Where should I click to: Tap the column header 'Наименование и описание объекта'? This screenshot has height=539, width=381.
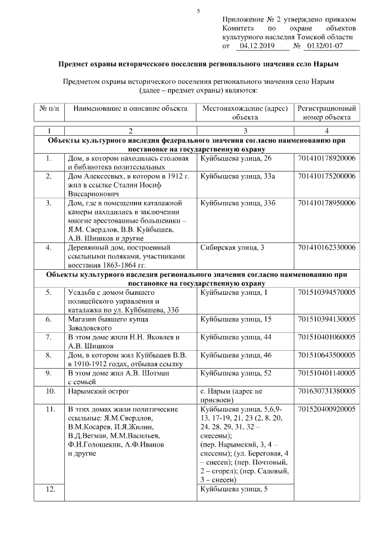pos(130,109)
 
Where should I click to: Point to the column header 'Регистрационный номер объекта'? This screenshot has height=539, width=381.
pos(327,113)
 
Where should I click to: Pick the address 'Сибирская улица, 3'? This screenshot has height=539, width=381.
pos(233,247)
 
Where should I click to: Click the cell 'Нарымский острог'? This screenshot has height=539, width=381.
pos(98,391)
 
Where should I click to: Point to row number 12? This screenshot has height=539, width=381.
pos(50,489)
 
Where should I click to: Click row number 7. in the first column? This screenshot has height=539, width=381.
pos(50,337)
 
